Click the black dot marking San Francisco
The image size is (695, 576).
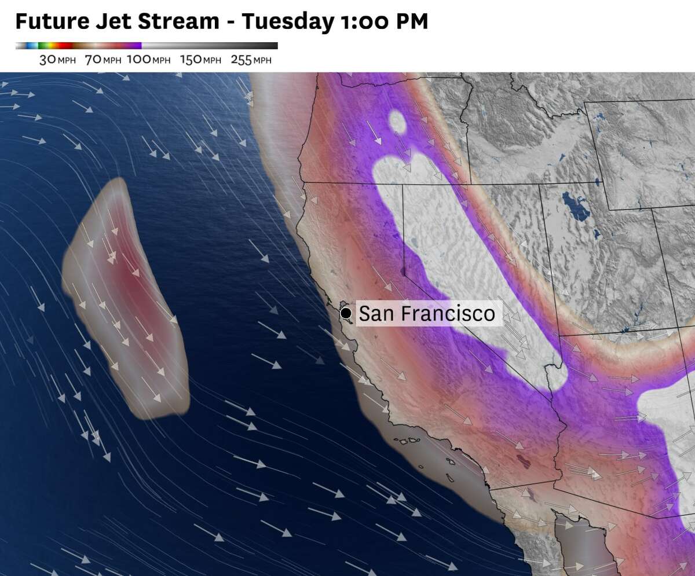(346, 313)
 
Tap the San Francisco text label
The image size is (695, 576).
(427, 313)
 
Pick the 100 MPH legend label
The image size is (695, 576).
(148, 60)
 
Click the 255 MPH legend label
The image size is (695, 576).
(251, 60)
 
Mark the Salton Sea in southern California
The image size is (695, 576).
(524, 461)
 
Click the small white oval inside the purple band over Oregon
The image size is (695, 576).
(397, 122)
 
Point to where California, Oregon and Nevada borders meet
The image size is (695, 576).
(404, 184)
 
